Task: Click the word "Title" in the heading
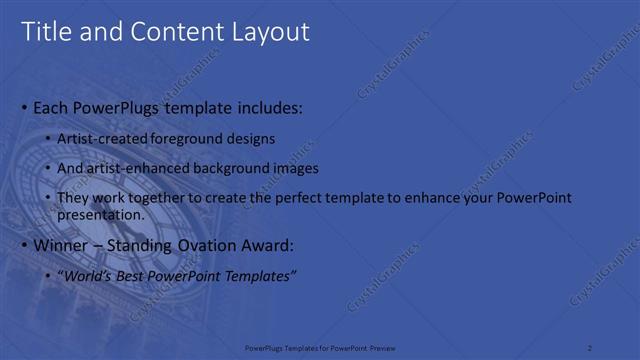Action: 45,32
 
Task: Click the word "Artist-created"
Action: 103,138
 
